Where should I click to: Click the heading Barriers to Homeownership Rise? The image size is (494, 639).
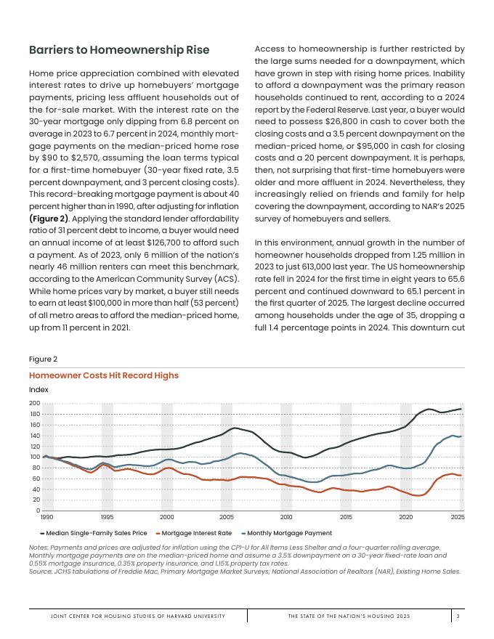click(x=119, y=50)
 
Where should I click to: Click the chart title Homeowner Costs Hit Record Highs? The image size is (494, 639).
click(x=103, y=375)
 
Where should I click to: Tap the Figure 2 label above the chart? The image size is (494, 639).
click(x=43, y=359)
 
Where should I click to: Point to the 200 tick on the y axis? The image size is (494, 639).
click(x=35, y=403)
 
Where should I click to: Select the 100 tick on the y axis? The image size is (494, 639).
click(x=35, y=457)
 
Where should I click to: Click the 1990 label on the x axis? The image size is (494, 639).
click(x=46, y=517)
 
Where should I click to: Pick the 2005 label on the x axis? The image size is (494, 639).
click(x=227, y=517)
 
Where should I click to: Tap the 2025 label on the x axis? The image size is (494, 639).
click(x=458, y=517)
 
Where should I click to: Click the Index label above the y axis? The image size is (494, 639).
click(x=39, y=390)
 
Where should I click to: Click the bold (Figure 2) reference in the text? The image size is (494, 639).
click(x=49, y=219)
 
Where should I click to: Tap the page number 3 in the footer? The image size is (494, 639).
click(x=458, y=616)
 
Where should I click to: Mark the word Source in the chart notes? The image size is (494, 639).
click(x=40, y=571)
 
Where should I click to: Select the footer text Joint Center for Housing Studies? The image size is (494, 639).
click(x=138, y=616)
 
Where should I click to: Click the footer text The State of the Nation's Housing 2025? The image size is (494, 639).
click(x=349, y=616)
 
